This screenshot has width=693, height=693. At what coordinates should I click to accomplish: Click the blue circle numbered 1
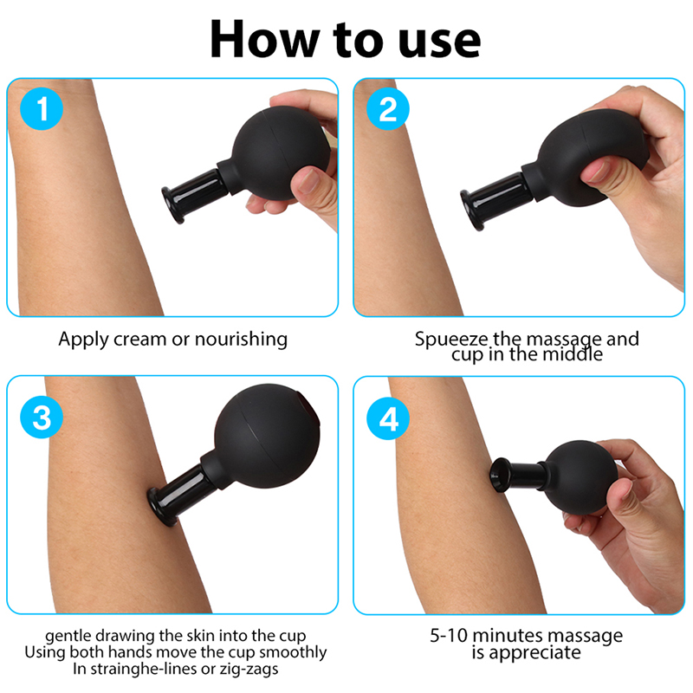pos(42,109)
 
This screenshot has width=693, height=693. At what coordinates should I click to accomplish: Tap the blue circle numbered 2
pos(388,109)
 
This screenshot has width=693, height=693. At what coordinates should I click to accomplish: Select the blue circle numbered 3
pos(42,418)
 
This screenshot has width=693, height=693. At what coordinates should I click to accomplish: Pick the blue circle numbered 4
pos(388,418)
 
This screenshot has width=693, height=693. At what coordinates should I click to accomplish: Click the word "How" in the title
pos(265,39)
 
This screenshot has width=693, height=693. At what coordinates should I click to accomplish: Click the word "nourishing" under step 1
pos(241,340)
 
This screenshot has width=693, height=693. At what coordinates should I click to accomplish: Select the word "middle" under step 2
pos(573,354)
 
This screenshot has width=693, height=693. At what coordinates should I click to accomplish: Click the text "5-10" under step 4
pos(449,636)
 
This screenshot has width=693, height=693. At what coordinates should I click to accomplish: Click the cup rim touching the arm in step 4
pos(498,475)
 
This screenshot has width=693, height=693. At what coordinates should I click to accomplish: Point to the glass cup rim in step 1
pos(172,204)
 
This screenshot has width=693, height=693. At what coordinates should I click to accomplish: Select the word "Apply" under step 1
pos(84,340)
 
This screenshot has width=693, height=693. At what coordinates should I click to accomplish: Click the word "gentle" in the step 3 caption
pos(69,637)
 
